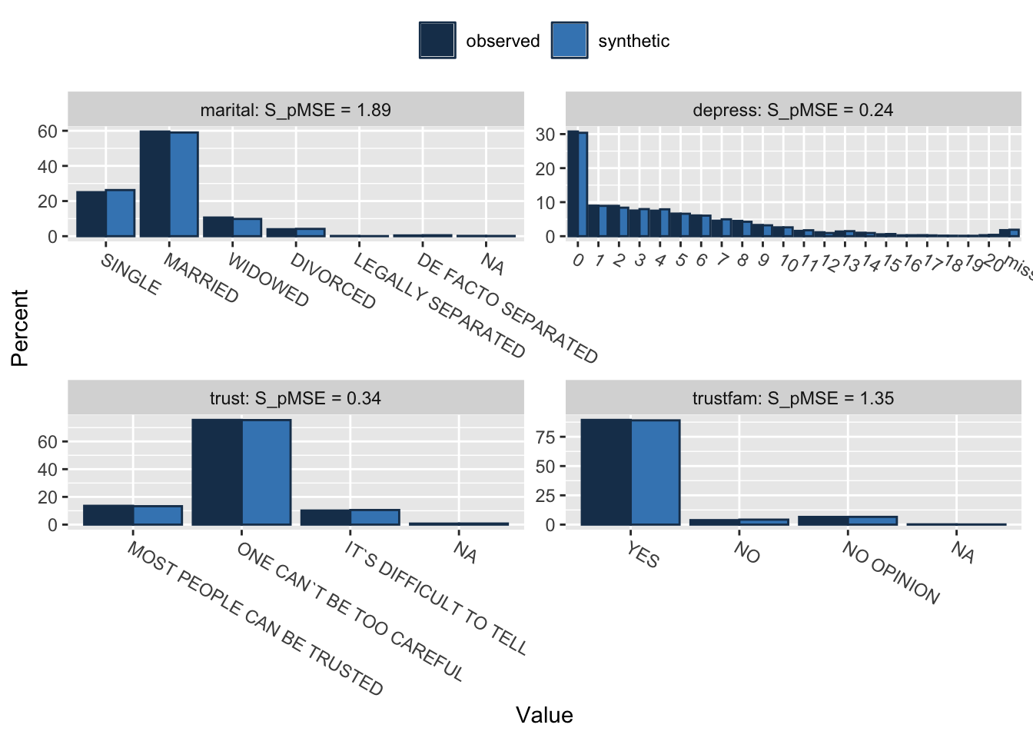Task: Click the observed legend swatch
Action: [437, 41]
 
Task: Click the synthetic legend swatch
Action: [570, 41]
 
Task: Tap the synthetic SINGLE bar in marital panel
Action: [121, 213]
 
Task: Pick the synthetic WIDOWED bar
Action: [247, 228]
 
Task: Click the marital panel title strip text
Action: [295, 110]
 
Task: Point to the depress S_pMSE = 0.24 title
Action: [792, 110]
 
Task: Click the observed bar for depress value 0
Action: [573, 184]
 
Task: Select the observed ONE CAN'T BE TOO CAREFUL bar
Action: [217, 472]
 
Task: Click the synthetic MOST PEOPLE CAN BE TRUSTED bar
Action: [158, 515]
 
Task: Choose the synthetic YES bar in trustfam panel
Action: [656, 472]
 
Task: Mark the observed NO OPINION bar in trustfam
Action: [823, 520]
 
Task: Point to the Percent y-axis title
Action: [20, 327]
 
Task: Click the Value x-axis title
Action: [544, 715]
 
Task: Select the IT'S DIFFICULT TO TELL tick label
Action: [436, 599]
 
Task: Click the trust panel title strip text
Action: [295, 398]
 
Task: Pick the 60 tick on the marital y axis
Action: [47, 131]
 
